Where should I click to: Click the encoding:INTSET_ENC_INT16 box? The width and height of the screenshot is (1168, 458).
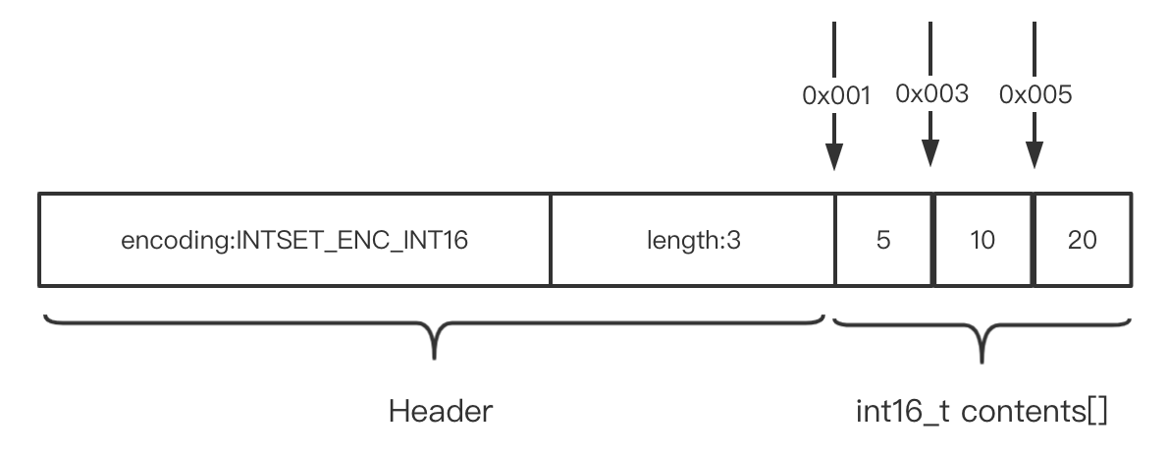pyautogui.click(x=294, y=240)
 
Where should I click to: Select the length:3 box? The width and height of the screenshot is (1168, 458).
pyautogui.click(x=693, y=240)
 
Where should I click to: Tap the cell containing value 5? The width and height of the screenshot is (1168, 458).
pyautogui.click(x=882, y=240)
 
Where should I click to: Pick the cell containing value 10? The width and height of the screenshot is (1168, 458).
pyautogui.click(x=982, y=240)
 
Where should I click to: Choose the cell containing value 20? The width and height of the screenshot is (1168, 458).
pyautogui.click(x=1084, y=240)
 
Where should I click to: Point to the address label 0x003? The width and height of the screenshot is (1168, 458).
pyautogui.click(x=931, y=94)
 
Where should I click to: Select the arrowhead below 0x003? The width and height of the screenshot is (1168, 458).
pyautogui.click(x=930, y=153)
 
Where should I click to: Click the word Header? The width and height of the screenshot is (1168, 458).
pyautogui.click(x=440, y=410)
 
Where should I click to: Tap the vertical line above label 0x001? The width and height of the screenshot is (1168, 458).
pyautogui.click(x=834, y=49)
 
